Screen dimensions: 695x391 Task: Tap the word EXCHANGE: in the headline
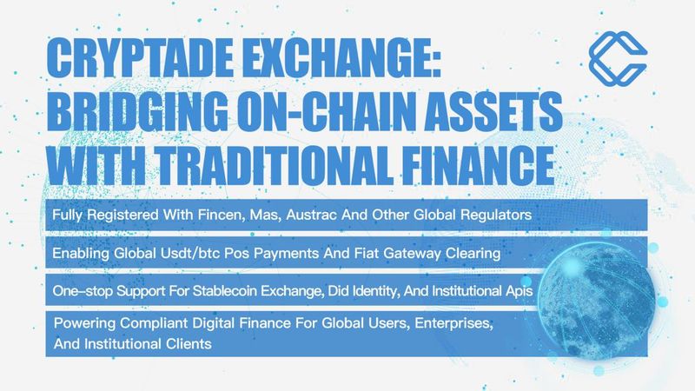(x=341, y=58)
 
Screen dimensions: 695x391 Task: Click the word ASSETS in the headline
(x=491, y=111)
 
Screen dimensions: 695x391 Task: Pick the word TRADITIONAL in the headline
(x=274, y=165)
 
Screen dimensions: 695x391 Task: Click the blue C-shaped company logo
(x=618, y=58)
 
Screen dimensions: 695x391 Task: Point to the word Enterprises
(x=453, y=323)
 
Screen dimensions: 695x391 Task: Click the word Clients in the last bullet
(x=189, y=344)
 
